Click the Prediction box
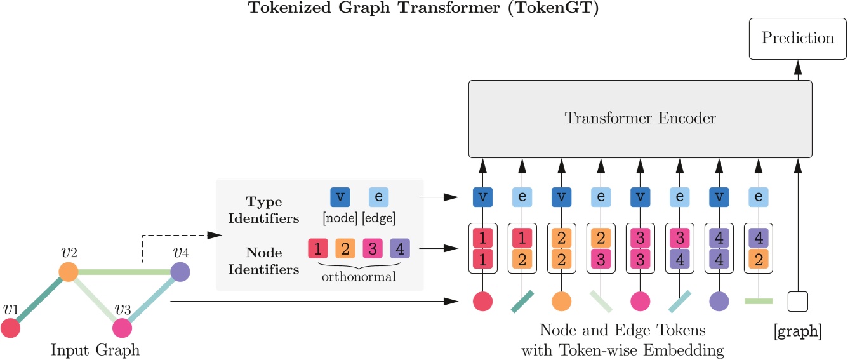tap(797, 38)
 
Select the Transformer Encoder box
tap(640, 119)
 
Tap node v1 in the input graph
tap(11, 328)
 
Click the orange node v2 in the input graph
tap(68, 272)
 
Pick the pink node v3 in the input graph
tap(122, 328)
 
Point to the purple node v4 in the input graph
tap(180, 272)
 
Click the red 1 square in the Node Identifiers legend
tap(317, 248)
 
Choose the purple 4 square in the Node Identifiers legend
tap(399, 248)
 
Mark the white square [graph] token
tap(797, 301)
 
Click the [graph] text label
tap(797, 331)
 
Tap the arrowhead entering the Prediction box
tap(797, 67)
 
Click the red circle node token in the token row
tap(482, 301)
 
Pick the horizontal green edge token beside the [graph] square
tap(758, 301)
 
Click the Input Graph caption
tap(95, 350)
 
